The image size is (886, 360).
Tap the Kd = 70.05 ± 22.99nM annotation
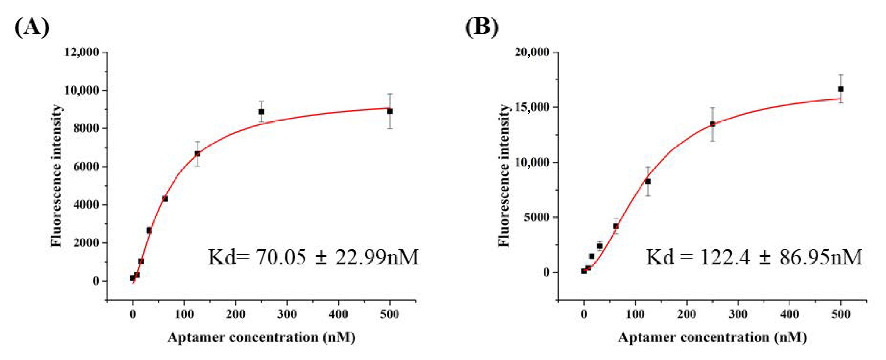(x=313, y=257)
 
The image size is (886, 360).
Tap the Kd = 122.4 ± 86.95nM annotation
(x=754, y=257)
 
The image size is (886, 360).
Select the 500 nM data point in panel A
(x=389, y=111)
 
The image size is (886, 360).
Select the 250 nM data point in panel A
(x=261, y=111)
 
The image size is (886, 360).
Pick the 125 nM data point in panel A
(x=197, y=154)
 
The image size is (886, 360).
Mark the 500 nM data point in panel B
(x=841, y=89)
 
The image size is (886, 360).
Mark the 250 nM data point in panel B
(x=712, y=124)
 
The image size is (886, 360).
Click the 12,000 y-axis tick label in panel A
(x=82, y=52)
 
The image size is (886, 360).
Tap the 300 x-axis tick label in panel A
(x=287, y=314)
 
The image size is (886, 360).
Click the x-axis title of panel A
(x=261, y=337)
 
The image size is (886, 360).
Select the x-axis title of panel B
(x=712, y=337)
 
